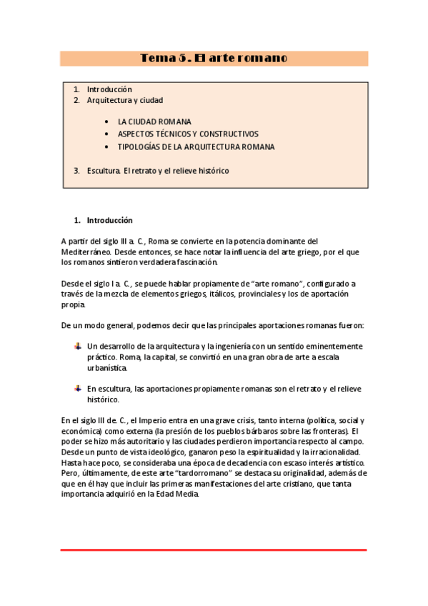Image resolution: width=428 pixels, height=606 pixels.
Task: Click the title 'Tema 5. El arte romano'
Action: [x=214, y=58]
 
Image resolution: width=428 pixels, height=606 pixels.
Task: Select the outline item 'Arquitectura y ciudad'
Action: [x=124, y=101]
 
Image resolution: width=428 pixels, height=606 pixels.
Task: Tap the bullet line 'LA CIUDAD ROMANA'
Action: [x=154, y=121]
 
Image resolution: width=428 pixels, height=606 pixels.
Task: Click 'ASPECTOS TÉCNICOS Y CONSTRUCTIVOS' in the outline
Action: [x=188, y=134]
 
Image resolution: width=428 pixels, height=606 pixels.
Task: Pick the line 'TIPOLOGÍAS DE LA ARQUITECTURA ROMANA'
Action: [x=196, y=146]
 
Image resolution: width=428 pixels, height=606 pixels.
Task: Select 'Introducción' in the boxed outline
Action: [x=109, y=89]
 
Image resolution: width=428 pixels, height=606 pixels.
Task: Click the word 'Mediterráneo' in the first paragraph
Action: [x=86, y=252]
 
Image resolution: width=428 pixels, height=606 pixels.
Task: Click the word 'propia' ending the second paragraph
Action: [x=73, y=305]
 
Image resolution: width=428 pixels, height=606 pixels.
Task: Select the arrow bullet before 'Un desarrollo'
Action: [x=77, y=346]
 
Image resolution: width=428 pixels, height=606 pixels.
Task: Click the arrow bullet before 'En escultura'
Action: [x=77, y=388]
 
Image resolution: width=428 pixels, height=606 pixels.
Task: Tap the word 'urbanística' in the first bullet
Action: [x=107, y=367]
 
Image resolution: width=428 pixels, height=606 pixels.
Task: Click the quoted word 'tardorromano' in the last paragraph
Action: [x=212, y=473]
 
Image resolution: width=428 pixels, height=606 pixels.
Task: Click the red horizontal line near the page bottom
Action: [x=214, y=550]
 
